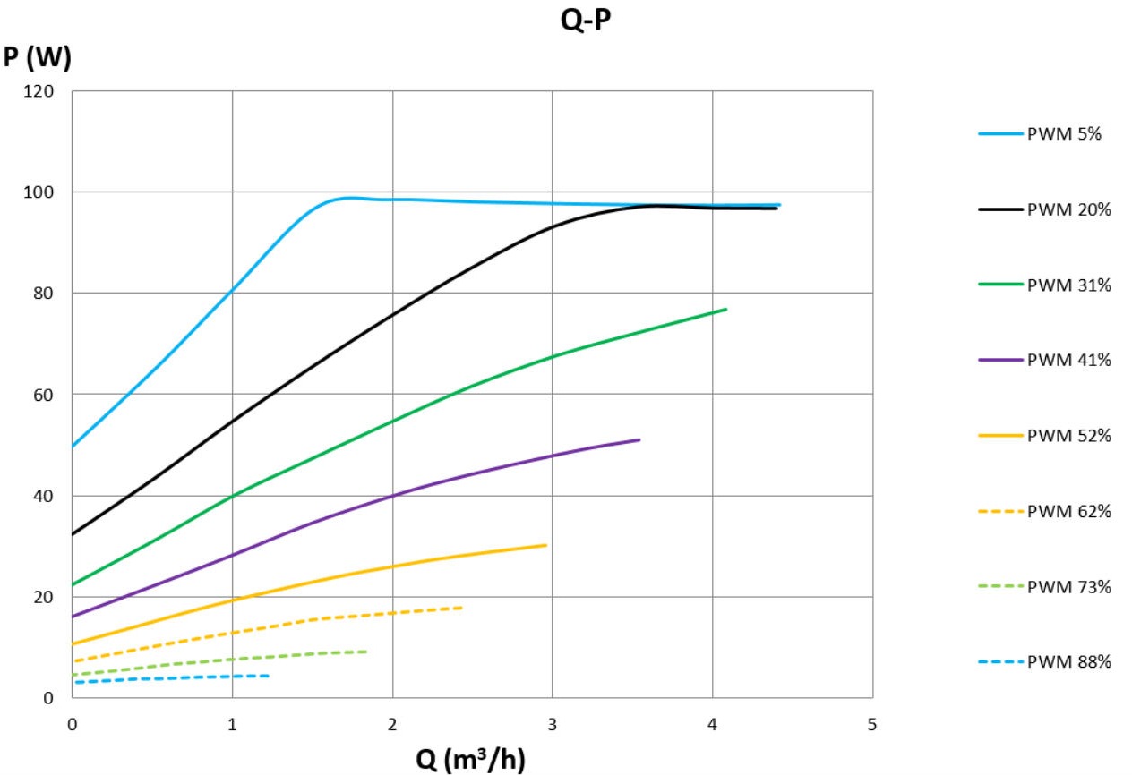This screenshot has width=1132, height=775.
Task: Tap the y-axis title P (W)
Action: point(37,58)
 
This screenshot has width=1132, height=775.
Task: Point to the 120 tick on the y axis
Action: point(44,91)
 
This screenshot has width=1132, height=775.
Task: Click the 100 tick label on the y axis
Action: point(44,192)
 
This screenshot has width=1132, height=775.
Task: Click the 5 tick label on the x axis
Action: point(872,724)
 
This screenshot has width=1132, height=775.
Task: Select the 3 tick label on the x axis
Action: point(552,724)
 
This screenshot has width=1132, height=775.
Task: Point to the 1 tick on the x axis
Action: point(232,724)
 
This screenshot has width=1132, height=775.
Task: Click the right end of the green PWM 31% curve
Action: point(725,309)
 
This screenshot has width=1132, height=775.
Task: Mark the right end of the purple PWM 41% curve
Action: point(639,439)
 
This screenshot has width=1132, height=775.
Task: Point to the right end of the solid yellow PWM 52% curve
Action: point(545,544)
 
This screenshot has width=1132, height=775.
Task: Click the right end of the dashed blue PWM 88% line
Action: point(269,676)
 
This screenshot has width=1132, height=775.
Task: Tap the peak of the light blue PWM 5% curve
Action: point(347,197)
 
